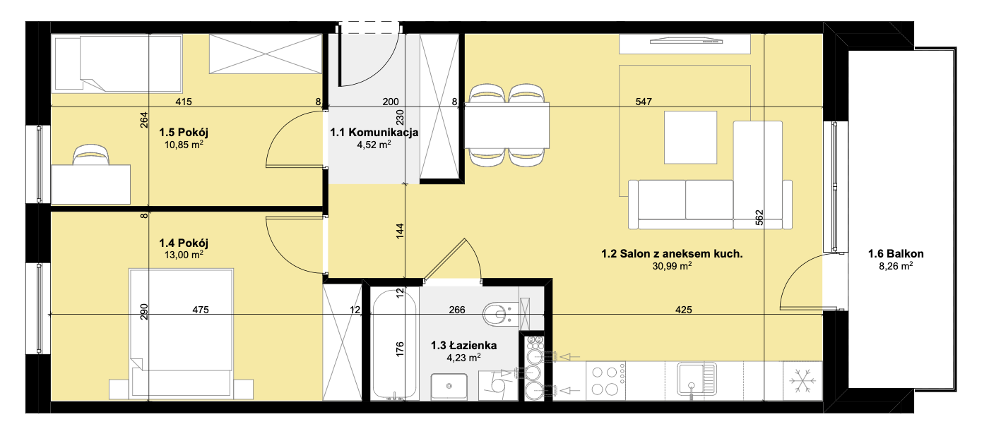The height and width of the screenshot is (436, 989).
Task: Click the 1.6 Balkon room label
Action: [x=896, y=253]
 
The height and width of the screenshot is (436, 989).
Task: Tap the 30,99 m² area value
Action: [x=672, y=266]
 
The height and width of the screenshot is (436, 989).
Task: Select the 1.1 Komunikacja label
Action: [x=374, y=132]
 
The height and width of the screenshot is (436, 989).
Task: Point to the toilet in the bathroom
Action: [x=501, y=314]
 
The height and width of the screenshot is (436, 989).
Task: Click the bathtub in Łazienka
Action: [x=394, y=344]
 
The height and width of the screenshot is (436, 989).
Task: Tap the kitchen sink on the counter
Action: [x=697, y=379]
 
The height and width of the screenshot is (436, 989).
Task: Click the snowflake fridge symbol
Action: [x=802, y=382]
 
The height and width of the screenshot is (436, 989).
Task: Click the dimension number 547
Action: [x=644, y=102]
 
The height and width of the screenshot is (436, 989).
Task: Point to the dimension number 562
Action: [x=759, y=217]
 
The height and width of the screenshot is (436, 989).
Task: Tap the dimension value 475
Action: [x=201, y=310]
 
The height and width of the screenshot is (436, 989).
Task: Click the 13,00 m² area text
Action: [x=184, y=255]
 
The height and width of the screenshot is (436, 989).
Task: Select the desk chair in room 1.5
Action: [x=91, y=155]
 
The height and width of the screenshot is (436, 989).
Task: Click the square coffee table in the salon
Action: [x=691, y=137]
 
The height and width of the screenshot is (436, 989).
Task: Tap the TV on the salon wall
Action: [x=686, y=42]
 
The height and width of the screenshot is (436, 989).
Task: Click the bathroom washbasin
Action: [x=449, y=387]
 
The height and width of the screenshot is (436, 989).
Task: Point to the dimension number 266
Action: [x=457, y=310]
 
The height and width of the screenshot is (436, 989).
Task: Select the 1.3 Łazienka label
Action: [x=463, y=345]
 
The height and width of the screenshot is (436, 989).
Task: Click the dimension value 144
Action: [x=400, y=231]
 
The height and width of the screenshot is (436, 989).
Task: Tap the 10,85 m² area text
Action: [x=184, y=144]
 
